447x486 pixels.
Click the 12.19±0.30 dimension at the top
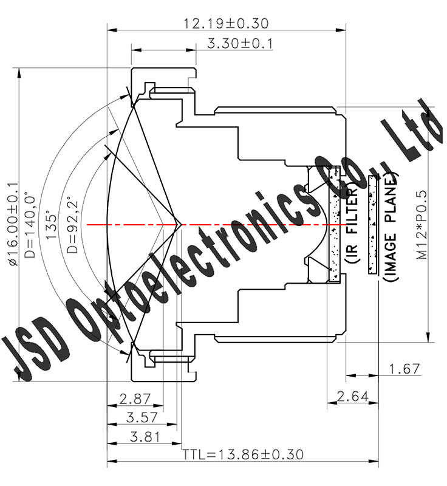[x=226, y=24]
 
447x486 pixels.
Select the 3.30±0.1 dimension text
[x=241, y=44]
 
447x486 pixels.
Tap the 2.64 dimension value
[x=352, y=397]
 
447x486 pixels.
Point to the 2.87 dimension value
[x=135, y=399]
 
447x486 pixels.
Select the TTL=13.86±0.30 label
[x=243, y=454]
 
